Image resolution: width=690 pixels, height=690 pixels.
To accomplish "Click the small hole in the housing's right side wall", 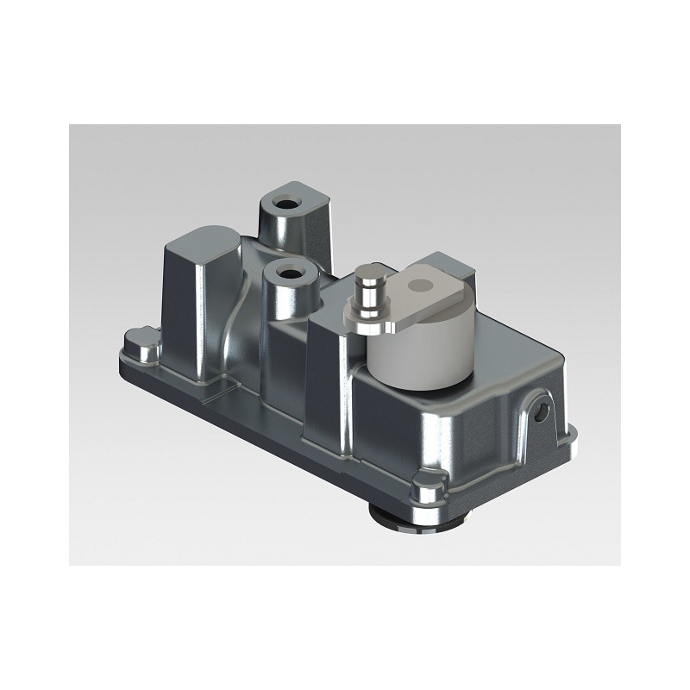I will pyautogui.click(x=542, y=412).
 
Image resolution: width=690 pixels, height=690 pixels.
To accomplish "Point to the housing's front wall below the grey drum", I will pyautogui.click(x=405, y=431).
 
